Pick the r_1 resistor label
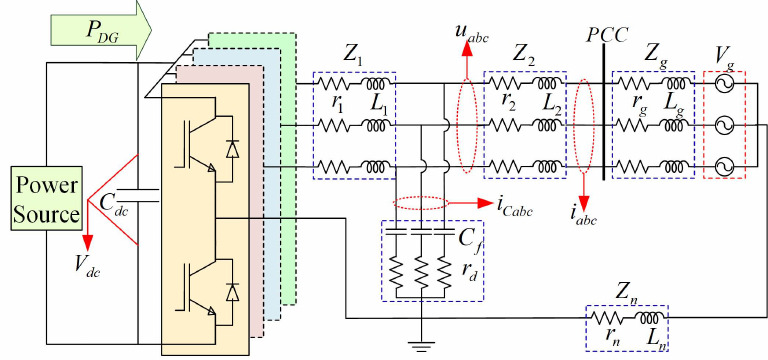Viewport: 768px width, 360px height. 337,104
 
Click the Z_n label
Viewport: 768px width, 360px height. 627,290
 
